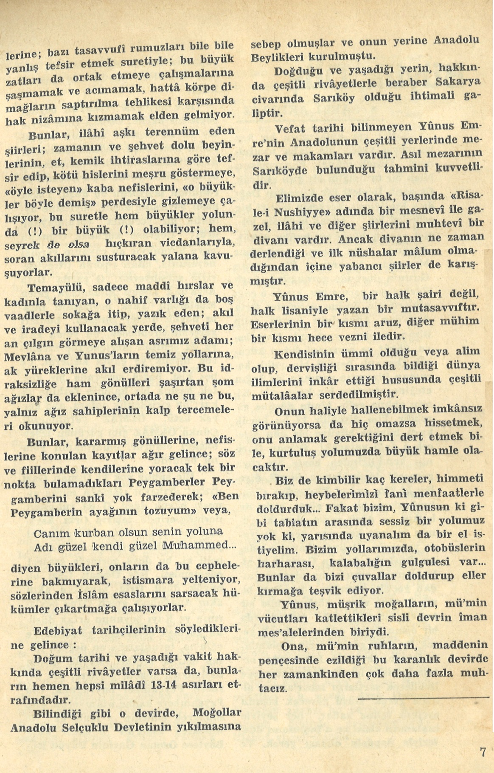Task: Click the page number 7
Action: (x=483, y=752)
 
